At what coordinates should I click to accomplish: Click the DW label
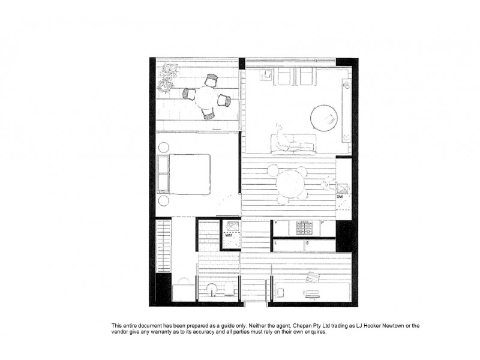tap(340, 197)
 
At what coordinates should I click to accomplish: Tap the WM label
tap(228, 236)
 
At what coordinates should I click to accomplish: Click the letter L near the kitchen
tap(275, 243)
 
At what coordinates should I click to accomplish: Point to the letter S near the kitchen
tap(307, 243)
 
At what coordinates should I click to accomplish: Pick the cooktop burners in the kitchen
tap(304, 229)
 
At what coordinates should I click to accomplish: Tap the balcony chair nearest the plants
tap(189, 93)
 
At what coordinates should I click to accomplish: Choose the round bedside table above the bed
tap(163, 146)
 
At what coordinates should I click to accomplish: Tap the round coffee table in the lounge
tap(325, 117)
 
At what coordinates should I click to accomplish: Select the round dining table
tap(291, 184)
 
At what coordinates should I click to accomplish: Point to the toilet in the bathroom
tap(181, 287)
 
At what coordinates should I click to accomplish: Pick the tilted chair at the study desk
tap(313, 277)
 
